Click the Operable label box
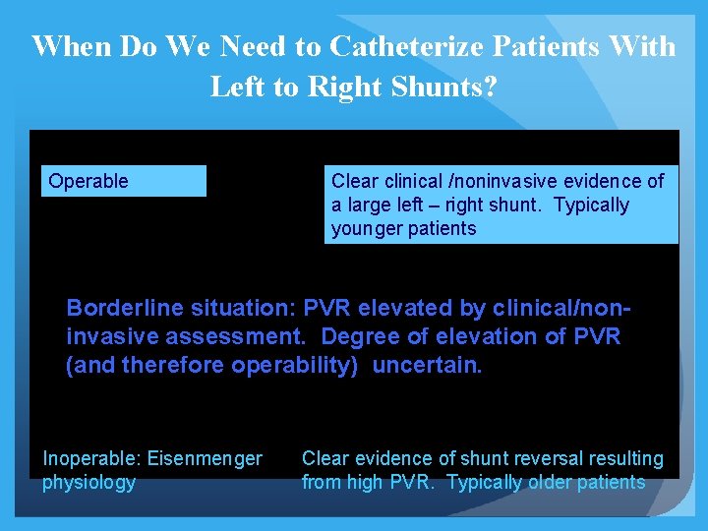[123, 181]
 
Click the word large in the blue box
[370, 206]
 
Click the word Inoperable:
[90, 458]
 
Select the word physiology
[88, 482]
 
